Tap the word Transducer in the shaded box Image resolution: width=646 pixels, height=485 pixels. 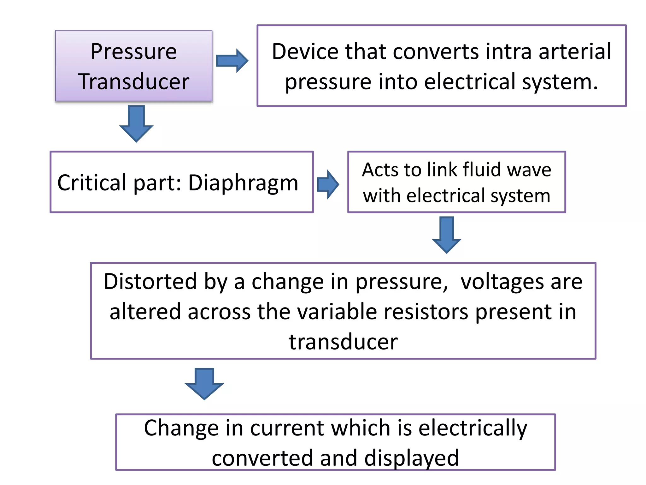[133, 82]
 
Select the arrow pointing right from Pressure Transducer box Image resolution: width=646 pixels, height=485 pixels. [232, 61]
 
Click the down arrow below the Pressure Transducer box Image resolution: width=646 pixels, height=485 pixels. [136, 124]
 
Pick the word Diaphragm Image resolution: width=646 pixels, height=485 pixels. [243, 183]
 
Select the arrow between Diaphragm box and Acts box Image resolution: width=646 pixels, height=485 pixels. [328, 184]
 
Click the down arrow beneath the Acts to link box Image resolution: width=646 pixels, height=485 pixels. [447, 235]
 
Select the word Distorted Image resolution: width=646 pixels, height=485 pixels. [150, 281]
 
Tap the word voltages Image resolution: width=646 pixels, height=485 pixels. [502, 282]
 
